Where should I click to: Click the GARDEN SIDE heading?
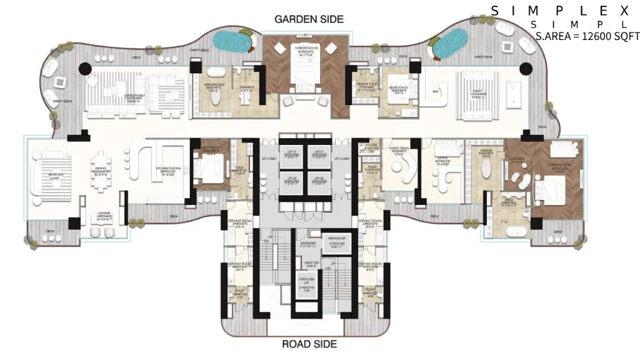[x=309, y=19]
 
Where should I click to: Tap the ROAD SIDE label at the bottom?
[x=309, y=344]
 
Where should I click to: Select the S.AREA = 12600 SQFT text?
[x=587, y=36]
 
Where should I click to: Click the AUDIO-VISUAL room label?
[x=397, y=151]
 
